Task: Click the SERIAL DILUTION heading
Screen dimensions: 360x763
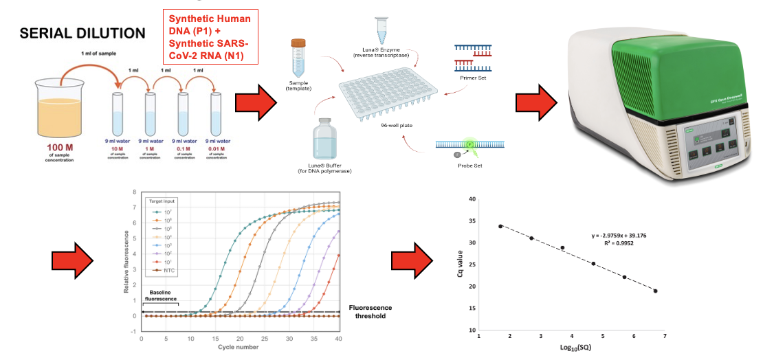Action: [x=82, y=33]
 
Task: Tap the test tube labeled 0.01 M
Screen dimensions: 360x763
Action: [x=217, y=114]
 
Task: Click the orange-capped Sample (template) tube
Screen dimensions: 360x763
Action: [x=298, y=58]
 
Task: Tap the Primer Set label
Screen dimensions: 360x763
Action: [x=473, y=78]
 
